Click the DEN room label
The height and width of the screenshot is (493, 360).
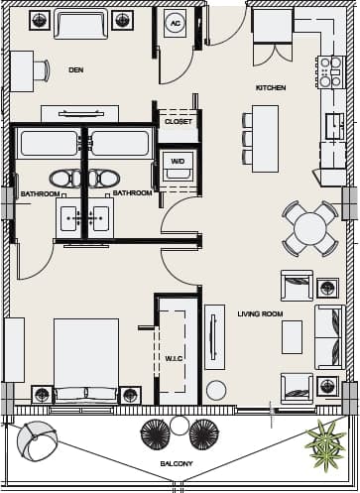[x=75, y=69]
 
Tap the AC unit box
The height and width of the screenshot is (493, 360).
[x=176, y=23]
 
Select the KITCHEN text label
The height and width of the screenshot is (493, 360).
[x=271, y=88]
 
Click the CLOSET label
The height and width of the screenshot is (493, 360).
[x=179, y=121]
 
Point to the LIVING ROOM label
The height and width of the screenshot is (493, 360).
[x=260, y=314]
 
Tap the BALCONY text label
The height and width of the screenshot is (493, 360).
[x=176, y=464]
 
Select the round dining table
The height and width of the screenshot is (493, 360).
[x=309, y=229]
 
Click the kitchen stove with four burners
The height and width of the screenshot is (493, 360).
[x=330, y=71]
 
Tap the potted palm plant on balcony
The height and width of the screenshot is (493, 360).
[x=324, y=441]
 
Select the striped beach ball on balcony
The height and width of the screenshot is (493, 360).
[x=36, y=440]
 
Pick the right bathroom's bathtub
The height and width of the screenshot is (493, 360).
[x=121, y=143]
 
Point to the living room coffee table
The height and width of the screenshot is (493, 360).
[x=292, y=336]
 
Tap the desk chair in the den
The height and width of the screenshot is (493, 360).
[x=41, y=69]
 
